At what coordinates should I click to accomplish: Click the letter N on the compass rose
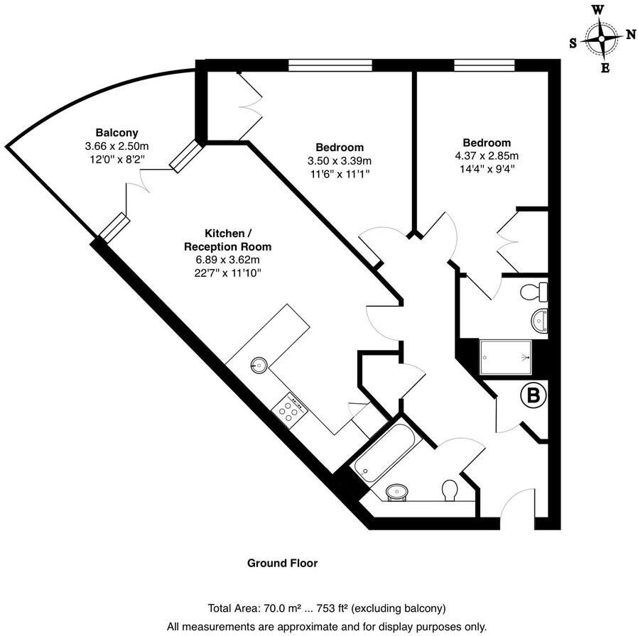[630, 34]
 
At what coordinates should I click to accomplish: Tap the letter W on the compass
[599, 9]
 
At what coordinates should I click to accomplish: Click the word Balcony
[117, 133]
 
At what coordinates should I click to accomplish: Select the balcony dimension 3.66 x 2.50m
[117, 146]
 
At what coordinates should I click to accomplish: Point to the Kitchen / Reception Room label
[227, 240]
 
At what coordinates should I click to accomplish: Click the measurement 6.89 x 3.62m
[227, 260]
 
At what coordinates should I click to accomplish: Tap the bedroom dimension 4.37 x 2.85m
[486, 155]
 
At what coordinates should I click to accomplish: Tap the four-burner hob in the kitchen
[289, 410]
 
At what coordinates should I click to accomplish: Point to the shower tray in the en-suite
[506, 356]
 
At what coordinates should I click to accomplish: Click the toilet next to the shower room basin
[533, 291]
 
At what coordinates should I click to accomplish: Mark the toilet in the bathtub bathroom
[449, 490]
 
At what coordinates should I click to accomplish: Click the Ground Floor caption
[282, 563]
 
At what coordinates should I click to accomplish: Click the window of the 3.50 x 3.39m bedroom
[330, 66]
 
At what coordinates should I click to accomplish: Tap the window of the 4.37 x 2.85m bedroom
[485, 66]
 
